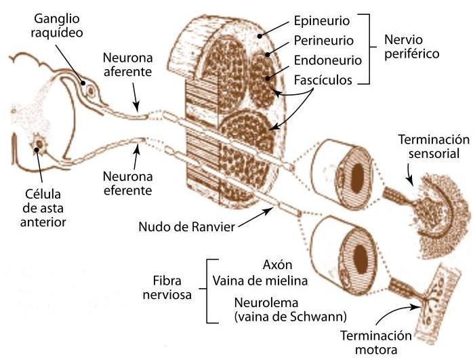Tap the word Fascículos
[323, 80]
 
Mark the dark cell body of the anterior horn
[37, 145]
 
